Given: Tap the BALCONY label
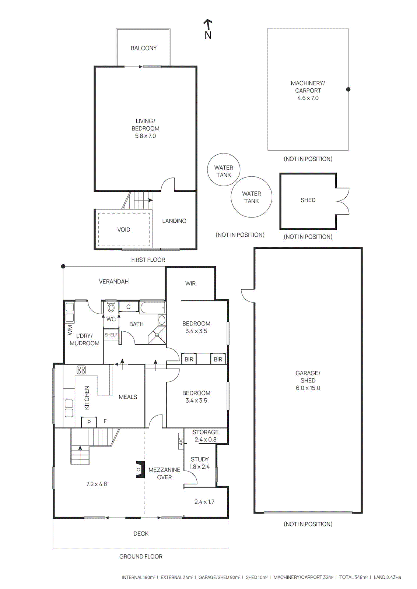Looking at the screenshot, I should [x=144, y=48].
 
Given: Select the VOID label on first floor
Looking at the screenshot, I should [x=124, y=230].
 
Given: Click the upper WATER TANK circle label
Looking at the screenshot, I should [x=224, y=171].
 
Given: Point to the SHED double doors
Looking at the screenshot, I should [x=343, y=201].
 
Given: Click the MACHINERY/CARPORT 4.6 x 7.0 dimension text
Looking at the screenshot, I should [x=308, y=98].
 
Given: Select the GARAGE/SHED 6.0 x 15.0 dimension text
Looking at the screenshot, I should [x=308, y=388].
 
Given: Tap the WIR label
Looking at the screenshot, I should [x=190, y=283].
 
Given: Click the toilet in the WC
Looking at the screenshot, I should [x=111, y=307].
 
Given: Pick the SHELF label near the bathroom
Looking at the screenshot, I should [x=111, y=335].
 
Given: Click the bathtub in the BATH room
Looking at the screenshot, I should [x=152, y=308].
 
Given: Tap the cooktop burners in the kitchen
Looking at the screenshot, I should [x=81, y=370].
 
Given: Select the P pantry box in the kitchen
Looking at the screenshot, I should [x=89, y=422].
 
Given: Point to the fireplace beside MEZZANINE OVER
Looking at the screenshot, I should [x=140, y=469].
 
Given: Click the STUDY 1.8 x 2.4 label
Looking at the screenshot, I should [x=200, y=463].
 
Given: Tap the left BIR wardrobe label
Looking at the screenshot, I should [x=189, y=359].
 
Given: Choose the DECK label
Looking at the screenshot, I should [x=141, y=534].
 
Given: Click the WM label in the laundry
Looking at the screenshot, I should [x=70, y=330].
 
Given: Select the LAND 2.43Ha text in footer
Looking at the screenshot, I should [x=387, y=577].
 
